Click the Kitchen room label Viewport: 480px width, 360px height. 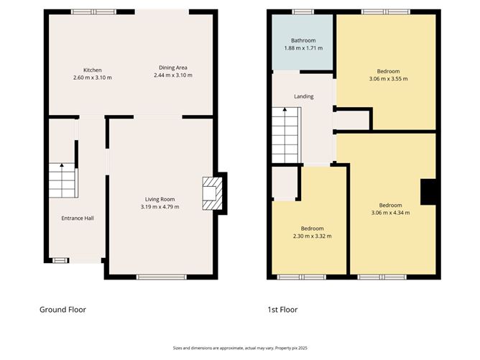[x=92, y=70]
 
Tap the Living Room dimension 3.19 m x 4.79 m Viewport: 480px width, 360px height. [x=160, y=207]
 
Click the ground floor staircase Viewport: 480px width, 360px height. [x=62, y=180]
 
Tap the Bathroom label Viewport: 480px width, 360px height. [x=303, y=40]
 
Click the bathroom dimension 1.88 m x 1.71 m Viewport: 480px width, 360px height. [x=303, y=48]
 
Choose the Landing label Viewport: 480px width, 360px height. [x=304, y=96]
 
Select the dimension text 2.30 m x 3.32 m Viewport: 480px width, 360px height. [x=312, y=236]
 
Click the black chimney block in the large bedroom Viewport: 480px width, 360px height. [x=429, y=192]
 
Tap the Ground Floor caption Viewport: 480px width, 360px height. [x=63, y=310]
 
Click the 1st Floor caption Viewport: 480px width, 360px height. [x=282, y=310]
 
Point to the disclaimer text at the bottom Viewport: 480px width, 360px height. [x=239, y=347]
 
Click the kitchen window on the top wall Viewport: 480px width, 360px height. [x=93, y=11]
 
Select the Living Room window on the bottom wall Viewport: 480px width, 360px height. [x=156, y=277]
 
